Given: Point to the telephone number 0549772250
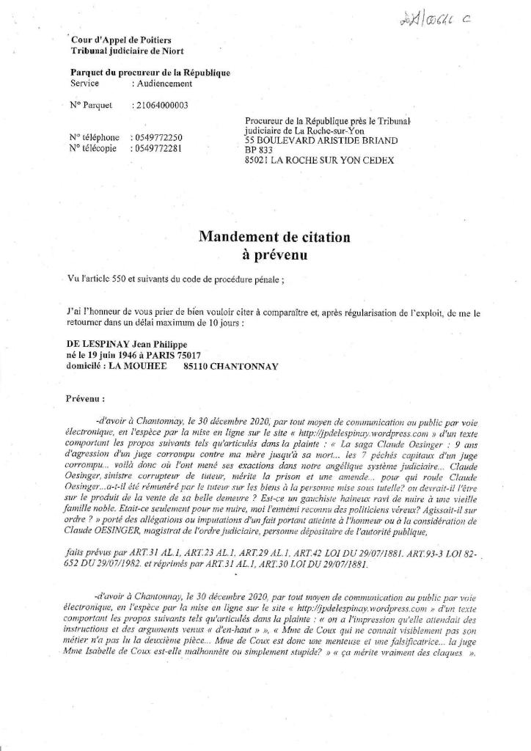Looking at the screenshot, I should (x=158, y=137).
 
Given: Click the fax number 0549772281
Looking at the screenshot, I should (x=158, y=148).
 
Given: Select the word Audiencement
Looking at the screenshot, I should (x=161, y=84).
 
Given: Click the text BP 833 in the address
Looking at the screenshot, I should (x=259, y=150).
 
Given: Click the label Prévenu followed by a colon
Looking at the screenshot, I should (x=86, y=400).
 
